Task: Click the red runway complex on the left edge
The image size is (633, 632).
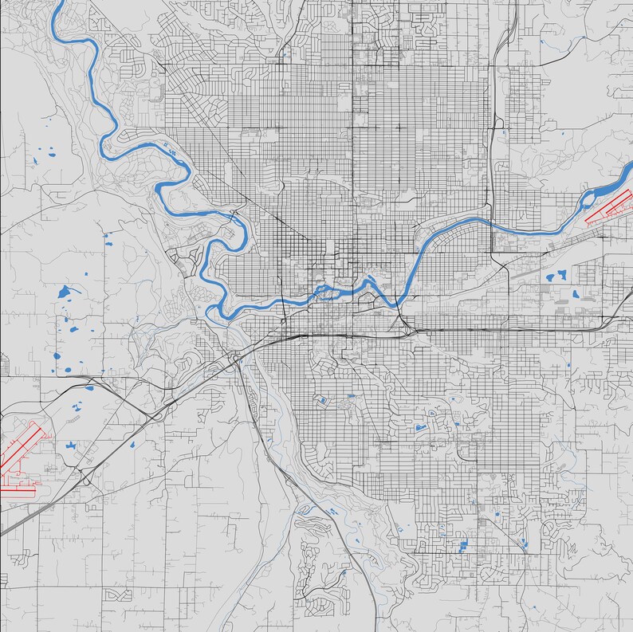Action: tap(22, 458)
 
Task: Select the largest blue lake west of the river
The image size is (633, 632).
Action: tap(65, 292)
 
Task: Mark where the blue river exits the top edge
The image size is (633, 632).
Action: tap(59, 2)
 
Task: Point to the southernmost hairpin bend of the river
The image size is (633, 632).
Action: tap(214, 312)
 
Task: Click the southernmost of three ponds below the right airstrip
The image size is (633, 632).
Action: tap(575, 293)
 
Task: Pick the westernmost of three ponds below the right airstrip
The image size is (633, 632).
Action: tap(550, 278)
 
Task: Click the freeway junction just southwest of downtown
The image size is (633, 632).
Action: tap(236, 358)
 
